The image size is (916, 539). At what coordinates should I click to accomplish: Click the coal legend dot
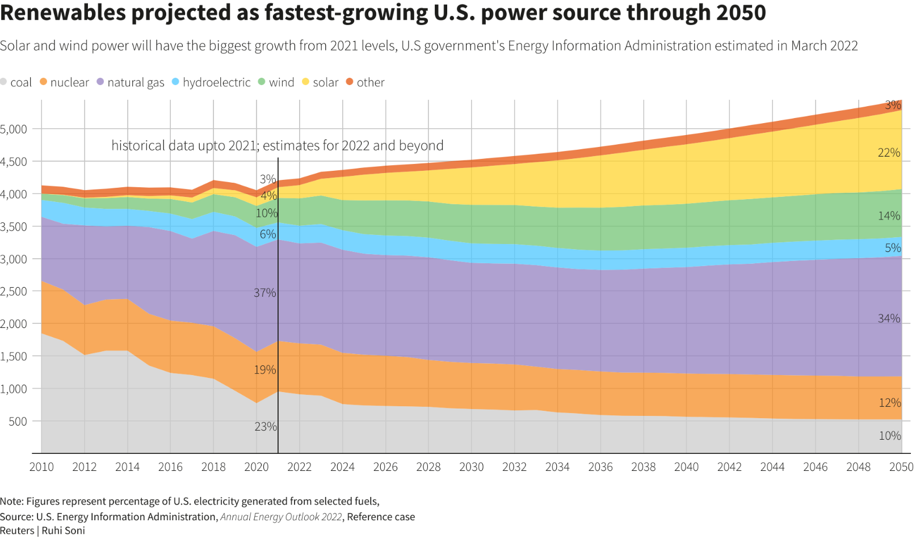coord(3,82)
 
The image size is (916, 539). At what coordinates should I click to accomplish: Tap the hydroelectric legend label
coord(216,82)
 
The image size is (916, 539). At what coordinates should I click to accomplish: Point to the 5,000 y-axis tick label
coord(14,129)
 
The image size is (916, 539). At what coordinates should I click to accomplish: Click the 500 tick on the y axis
coord(18,422)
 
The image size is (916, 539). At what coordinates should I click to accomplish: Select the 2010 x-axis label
coord(41,467)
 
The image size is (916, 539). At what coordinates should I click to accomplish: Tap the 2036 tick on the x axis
coord(600,467)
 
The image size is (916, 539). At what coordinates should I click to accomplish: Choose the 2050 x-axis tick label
coord(901,467)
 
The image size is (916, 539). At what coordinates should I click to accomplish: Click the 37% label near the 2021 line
coord(264,293)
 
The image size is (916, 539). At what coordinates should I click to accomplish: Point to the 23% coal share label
coord(266,427)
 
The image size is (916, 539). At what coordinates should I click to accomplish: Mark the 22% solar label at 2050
coord(889,153)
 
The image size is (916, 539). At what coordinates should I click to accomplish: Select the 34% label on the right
coord(889,319)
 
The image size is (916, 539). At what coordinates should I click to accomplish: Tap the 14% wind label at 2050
coord(889,216)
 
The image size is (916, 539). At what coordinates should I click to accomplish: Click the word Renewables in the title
coord(63,12)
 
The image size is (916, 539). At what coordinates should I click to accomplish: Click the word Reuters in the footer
coord(17,530)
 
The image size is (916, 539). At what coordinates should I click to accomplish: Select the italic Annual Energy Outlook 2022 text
coord(281,517)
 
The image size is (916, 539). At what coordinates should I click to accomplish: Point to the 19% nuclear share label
coord(264,370)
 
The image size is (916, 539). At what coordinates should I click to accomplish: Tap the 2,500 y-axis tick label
coord(14,292)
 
